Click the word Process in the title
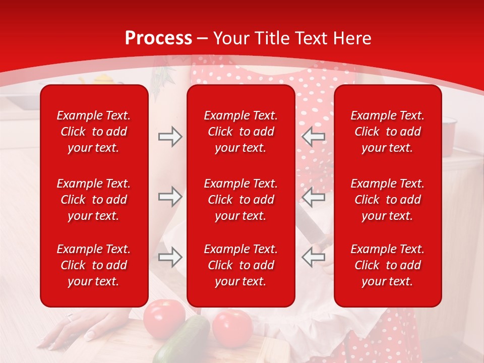(x=158, y=38)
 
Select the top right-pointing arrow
(x=170, y=137)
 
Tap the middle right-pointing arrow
(x=170, y=197)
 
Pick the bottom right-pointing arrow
(x=170, y=257)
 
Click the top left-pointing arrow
(x=313, y=137)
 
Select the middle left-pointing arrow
(x=313, y=197)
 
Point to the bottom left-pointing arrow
(x=313, y=257)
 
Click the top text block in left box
(x=94, y=132)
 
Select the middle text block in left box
(x=94, y=200)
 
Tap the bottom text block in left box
(x=94, y=265)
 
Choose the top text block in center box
(x=240, y=132)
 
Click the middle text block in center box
(x=240, y=200)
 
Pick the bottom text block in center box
(x=240, y=265)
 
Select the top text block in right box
(x=387, y=132)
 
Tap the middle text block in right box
(x=387, y=200)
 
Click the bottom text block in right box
(x=387, y=265)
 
